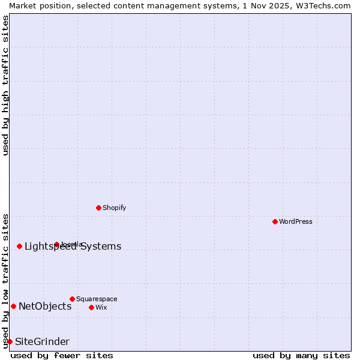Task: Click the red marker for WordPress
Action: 275,221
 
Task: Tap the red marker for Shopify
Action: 98,208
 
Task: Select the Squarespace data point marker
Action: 72,299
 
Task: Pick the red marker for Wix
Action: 91,307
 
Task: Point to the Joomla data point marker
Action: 56,244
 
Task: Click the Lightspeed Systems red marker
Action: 19,246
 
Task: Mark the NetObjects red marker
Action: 13,306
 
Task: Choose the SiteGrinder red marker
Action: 10,341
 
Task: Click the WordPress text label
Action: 296,221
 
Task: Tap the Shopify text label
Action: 114,208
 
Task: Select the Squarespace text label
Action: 97,299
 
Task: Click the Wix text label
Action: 101,307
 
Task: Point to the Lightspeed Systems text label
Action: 73,247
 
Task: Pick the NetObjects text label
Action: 45,307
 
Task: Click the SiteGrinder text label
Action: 42,342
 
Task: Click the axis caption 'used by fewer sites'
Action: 62,355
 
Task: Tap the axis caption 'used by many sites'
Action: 301,355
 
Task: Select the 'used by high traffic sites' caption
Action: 5,85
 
